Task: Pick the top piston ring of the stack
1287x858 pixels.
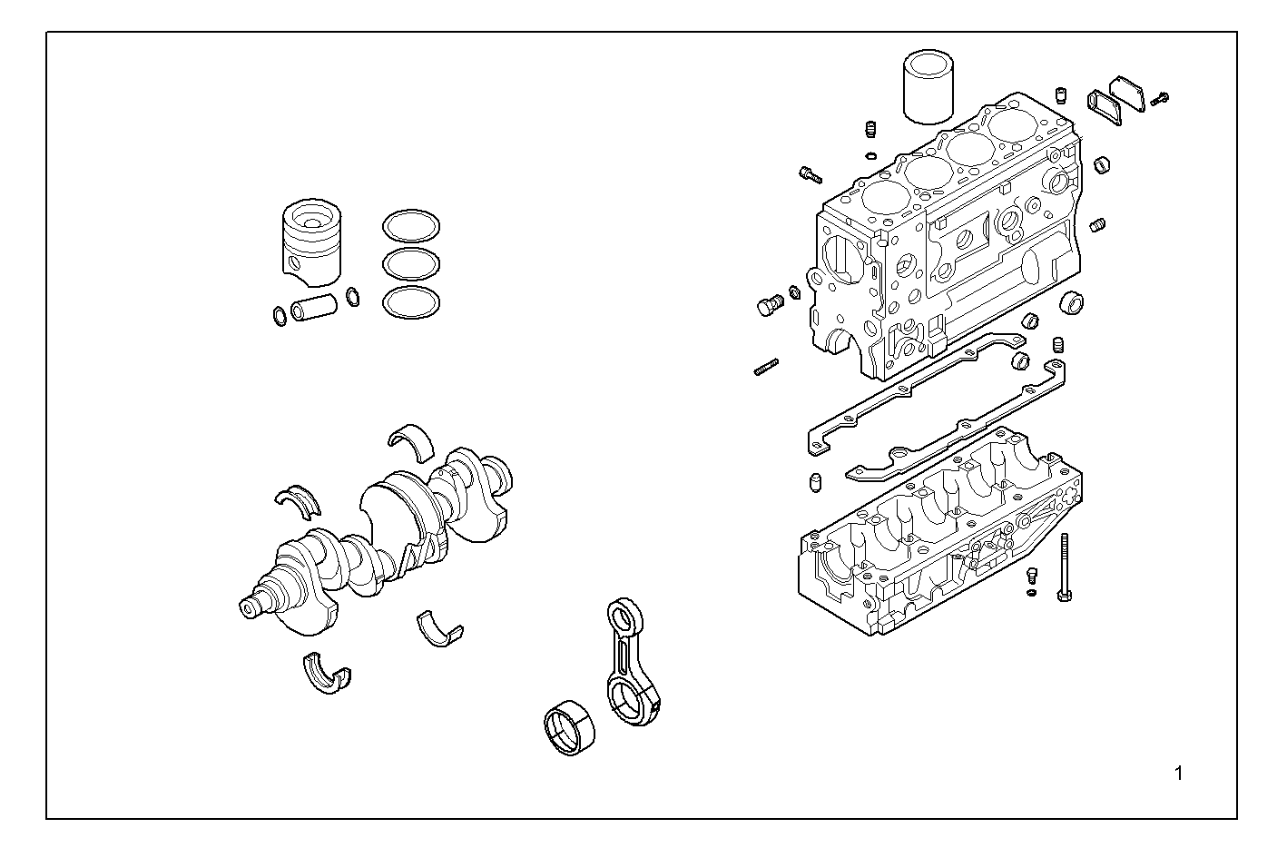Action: (411, 227)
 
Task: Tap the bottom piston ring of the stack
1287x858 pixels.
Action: (411, 303)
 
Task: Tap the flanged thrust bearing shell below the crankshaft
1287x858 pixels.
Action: (327, 673)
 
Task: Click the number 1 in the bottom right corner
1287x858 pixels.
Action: (1178, 774)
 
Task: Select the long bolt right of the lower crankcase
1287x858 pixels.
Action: (1064, 567)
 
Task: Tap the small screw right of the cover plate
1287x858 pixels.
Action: (1159, 99)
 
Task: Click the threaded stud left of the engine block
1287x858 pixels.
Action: (766, 368)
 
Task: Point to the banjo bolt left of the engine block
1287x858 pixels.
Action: (769, 306)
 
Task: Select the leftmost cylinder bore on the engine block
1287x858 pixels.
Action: (885, 197)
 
